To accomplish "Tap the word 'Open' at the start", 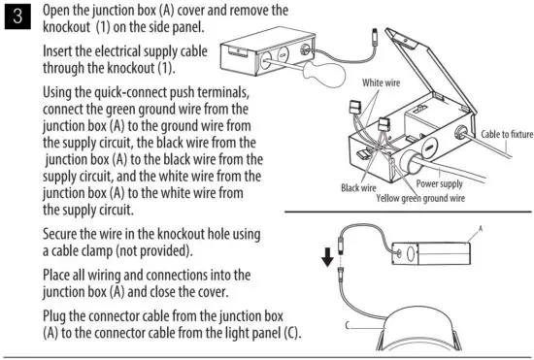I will pos(62,10).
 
